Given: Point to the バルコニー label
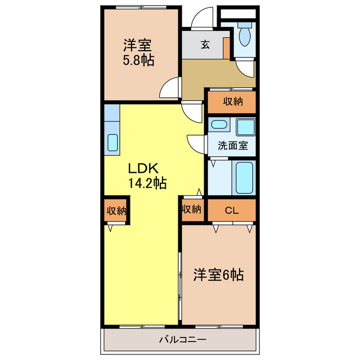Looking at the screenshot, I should tap(182, 340).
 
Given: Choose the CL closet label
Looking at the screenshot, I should tap(232, 210).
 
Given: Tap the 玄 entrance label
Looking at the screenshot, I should tap(206, 44).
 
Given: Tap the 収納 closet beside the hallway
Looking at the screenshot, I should tap(232, 102).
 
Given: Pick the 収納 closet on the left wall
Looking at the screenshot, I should tap(116, 210).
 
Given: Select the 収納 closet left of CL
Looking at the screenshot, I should tap(191, 209).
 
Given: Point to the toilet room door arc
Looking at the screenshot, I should tap(246, 68).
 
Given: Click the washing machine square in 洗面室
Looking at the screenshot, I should tap(245, 127).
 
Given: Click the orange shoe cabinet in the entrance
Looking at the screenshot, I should tap(227, 47).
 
